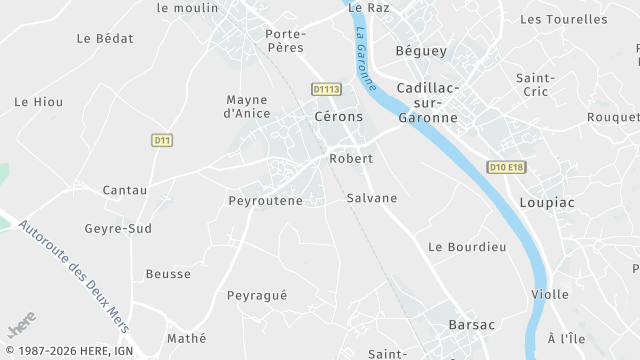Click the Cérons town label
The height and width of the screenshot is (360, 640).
[x=337, y=117]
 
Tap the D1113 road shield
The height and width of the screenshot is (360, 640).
[x=327, y=90]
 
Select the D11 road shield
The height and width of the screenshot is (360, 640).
[x=162, y=141]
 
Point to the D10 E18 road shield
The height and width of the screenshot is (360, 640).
[x=506, y=167]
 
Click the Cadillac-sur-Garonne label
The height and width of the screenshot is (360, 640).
[x=427, y=103]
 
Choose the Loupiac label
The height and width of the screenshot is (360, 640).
[x=547, y=202]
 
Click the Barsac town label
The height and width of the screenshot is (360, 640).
[x=472, y=325]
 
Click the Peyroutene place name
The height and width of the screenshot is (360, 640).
[x=265, y=201]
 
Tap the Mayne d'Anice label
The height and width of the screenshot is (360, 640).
[x=247, y=106]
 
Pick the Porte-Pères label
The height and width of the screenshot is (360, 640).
[x=285, y=40]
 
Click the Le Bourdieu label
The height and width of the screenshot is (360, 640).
[x=467, y=246]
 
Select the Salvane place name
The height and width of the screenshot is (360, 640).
[x=371, y=198]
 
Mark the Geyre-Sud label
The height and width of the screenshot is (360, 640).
[x=118, y=228]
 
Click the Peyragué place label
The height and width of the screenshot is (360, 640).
[x=257, y=296]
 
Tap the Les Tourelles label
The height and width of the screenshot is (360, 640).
[x=564, y=19]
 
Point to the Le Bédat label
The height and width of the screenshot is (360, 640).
[x=105, y=38]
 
